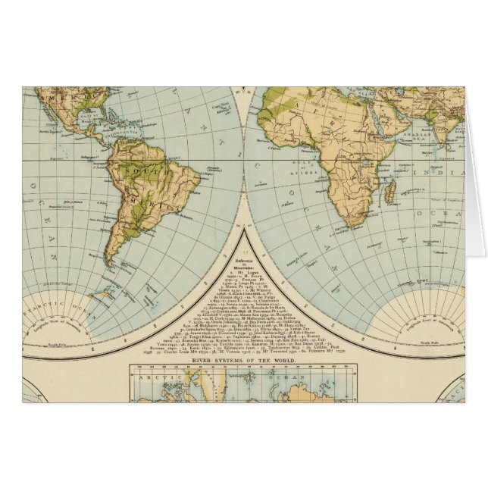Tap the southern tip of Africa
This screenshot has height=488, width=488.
click(x=353, y=225)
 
